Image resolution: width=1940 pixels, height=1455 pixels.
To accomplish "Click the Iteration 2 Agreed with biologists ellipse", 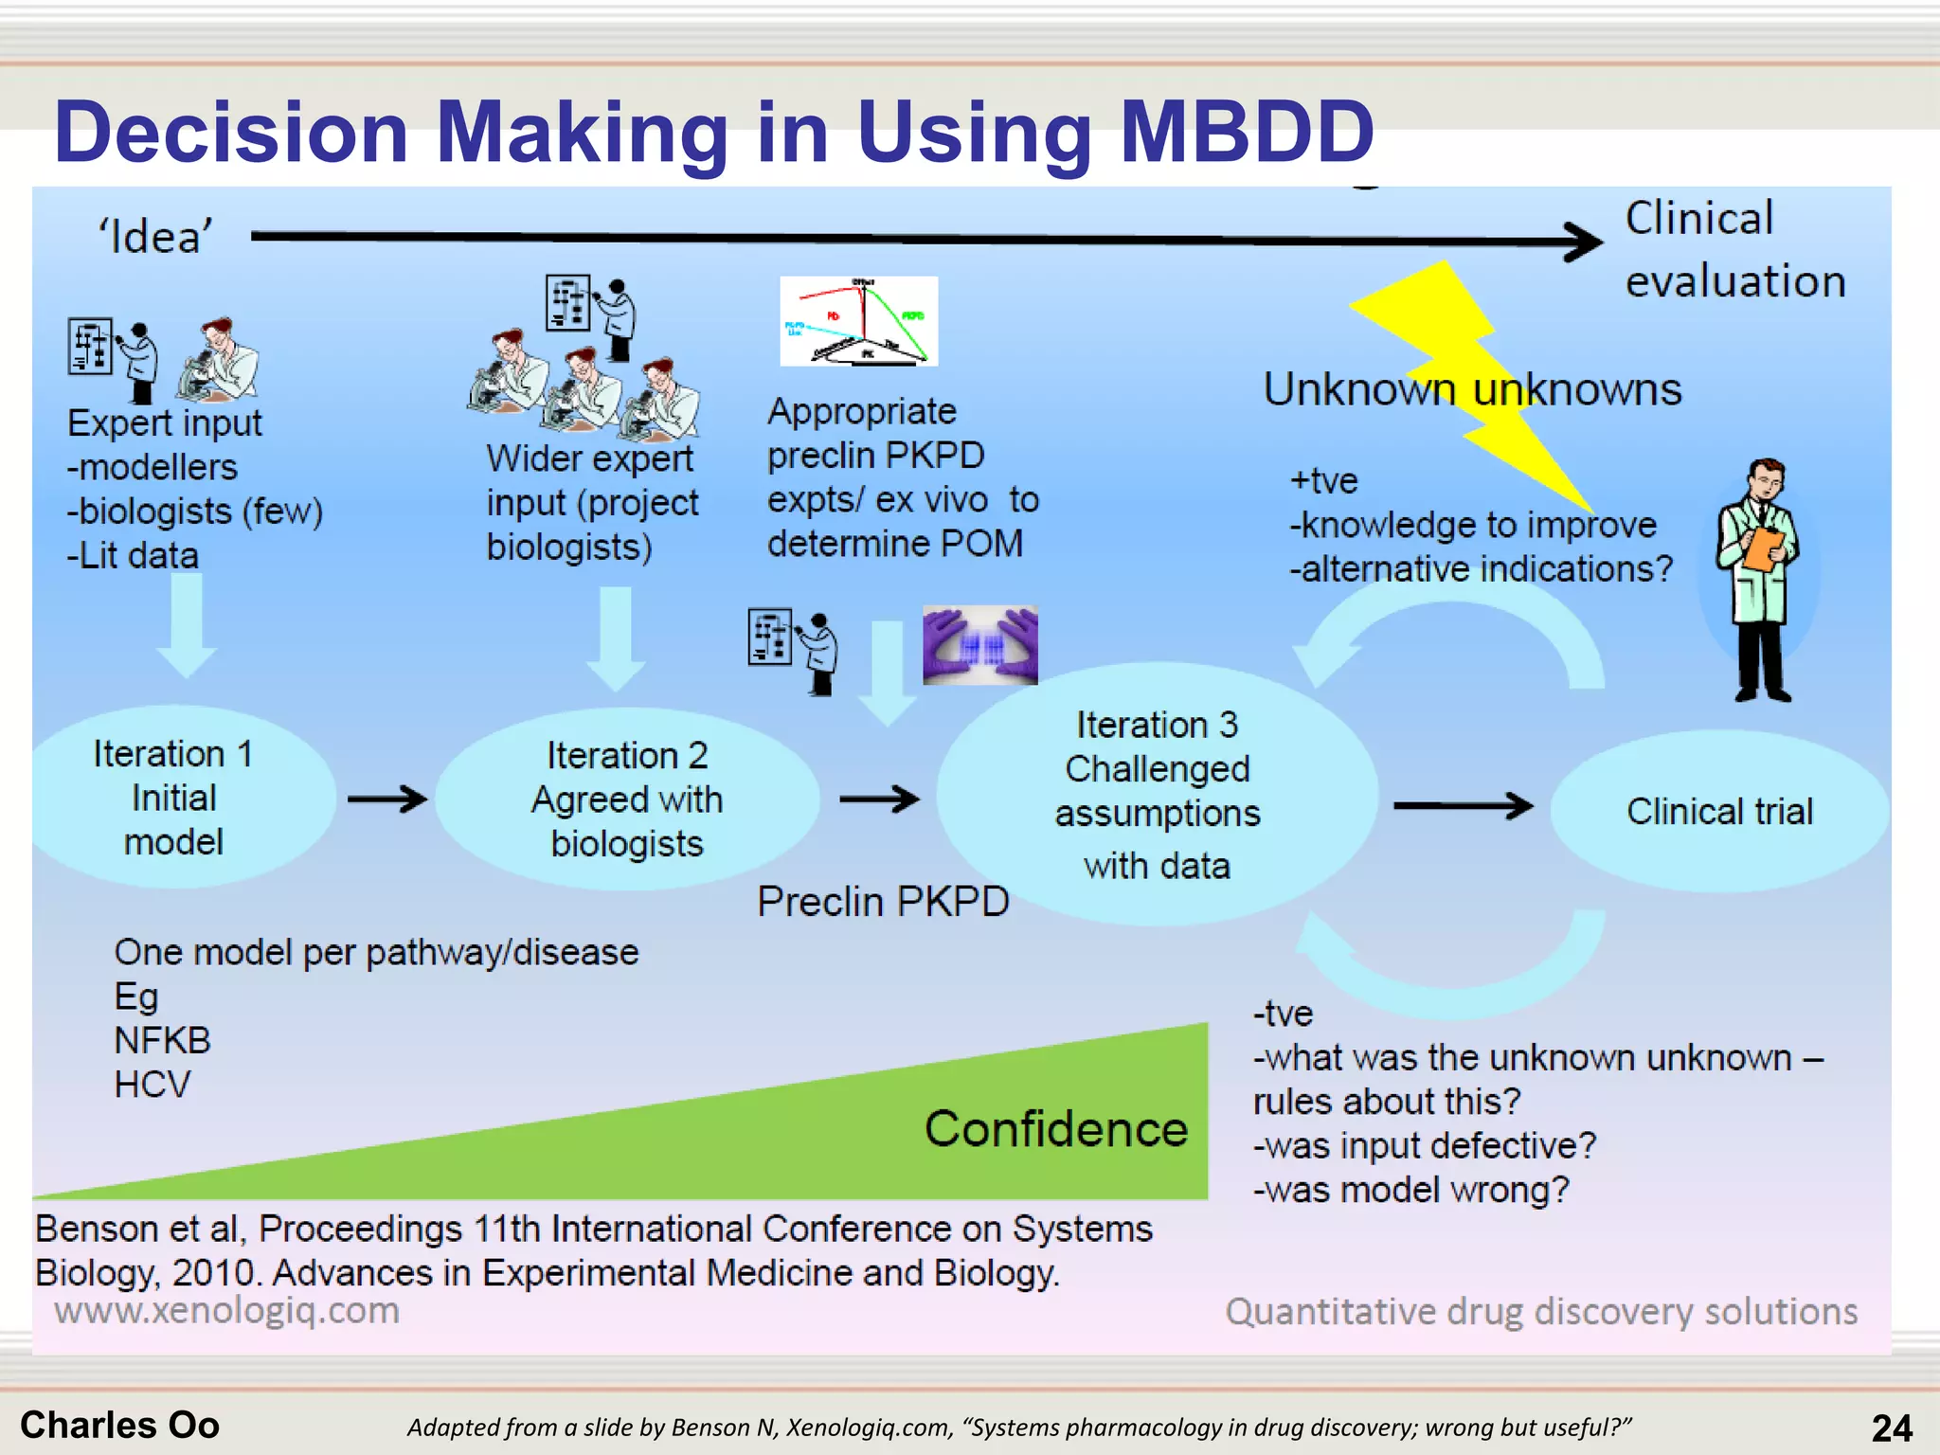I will click(x=627, y=799).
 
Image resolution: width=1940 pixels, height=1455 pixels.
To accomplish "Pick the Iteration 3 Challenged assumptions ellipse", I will click(x=1157, y=794).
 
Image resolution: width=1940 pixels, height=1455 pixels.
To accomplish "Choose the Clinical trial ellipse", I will click(x=1719, y=812).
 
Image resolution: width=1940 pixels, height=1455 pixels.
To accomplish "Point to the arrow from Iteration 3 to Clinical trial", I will click(x=1463, y=806).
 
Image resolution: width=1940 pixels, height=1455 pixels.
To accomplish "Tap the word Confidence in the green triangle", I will click(x=1055, y=1129).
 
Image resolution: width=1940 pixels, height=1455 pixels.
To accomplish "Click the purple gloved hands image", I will click(x=980, y=645).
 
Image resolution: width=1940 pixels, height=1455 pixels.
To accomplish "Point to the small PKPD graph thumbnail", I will click(x=858, y=321).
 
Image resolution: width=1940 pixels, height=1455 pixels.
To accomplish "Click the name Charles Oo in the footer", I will click(x=119, y=1425).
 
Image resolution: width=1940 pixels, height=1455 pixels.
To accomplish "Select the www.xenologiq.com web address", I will click(x=226, y=1311).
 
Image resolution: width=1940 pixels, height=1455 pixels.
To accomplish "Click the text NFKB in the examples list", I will click(x=162, y=1041).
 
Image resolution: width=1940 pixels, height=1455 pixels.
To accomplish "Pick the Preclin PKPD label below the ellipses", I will click(x=883, y=902).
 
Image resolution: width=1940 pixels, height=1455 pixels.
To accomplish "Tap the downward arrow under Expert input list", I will click(x=187, y=626).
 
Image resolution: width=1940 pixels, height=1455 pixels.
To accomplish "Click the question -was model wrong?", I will click(x=1410, y=1190).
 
